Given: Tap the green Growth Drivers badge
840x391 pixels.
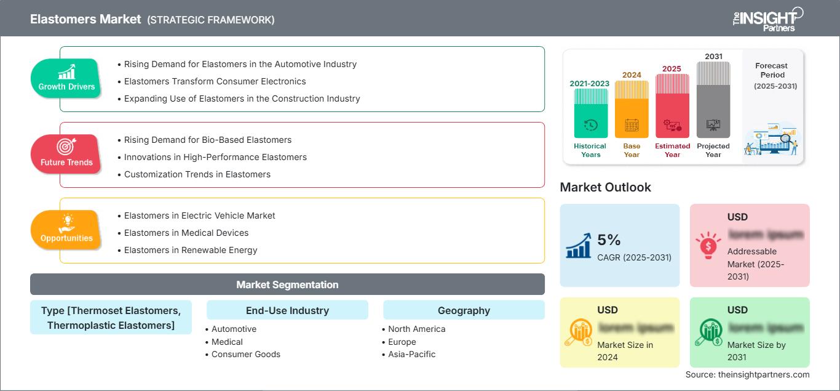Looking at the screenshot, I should coord(66,79).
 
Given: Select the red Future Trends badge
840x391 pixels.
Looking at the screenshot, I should coord(66,155).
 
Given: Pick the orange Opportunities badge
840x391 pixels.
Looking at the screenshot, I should coord(66,230).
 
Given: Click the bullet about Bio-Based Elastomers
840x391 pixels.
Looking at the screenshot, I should coord(208,140).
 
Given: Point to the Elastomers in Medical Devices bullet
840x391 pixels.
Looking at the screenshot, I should coord(186,233).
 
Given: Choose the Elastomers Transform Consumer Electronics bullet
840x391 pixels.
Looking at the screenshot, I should coord(215,81).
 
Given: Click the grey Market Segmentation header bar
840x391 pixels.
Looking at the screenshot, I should coord(287,284).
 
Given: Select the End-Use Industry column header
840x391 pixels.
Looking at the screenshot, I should coord(287,310).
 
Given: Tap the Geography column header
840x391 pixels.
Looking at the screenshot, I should coord(464,310).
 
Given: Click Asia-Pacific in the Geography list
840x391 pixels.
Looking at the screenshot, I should coord(411,354).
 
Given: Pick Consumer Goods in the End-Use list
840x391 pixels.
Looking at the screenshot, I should coord(245,354).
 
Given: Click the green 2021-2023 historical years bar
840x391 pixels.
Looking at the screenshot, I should coord(590,114).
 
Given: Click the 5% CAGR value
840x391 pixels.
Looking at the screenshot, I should coord(609,240).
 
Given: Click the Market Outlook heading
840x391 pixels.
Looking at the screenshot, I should coord(605,187).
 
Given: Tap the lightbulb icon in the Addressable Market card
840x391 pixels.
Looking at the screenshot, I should coord(708,245).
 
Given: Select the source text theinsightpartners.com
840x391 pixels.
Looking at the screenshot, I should coord(747,374).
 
